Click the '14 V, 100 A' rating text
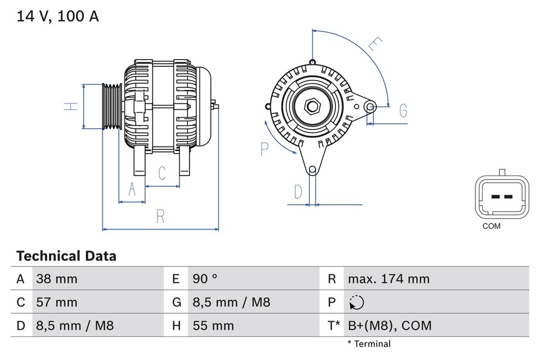point(57,17)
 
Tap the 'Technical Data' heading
point(66,256)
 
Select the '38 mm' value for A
point(57,279)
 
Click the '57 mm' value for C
point(57,303)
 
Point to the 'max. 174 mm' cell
point(389,279)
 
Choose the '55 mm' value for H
point(214,326)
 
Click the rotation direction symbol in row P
point(356,303)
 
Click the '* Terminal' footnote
point(369,344)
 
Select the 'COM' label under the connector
point(491,226)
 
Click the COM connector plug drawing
point(502,196)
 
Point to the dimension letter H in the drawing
point(70,107)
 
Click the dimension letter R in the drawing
point(160,217)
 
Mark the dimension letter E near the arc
point(375,44)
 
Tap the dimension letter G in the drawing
point(403,111)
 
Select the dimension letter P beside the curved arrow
point(265,149)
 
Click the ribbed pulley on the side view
point(112,107)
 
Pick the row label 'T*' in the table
point(334,326)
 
